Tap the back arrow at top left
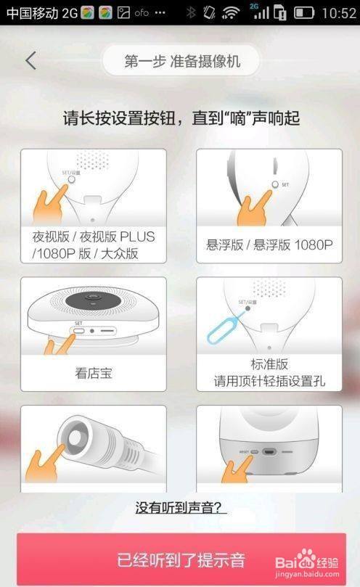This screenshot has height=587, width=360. click(30, 61)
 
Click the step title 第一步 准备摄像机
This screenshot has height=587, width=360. click(181, 62)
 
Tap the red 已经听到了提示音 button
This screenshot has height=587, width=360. click(181, 560)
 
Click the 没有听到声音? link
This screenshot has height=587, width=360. click(181, 508)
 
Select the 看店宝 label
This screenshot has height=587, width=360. click(93, 374)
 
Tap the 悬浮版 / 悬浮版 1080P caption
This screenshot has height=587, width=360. click(268, 245)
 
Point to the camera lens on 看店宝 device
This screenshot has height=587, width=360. click(94, 299)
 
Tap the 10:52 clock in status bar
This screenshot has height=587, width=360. click(337, 12)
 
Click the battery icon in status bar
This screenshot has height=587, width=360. click(304, 12)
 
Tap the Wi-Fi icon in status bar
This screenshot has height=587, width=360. click(231, 12)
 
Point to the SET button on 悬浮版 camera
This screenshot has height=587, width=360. click(274, 184)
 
